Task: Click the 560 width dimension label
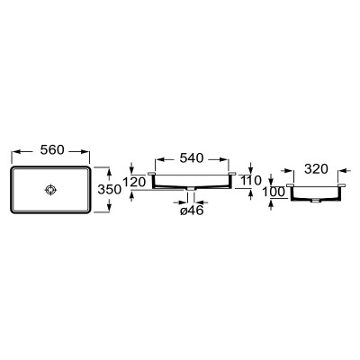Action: click(52, 149)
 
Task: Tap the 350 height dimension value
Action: click(110, 189)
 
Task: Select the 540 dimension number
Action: click(192, 157)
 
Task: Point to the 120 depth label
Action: click(134, 182)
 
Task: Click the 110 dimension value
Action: click(250, 180)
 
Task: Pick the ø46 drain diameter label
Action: click(192, 211)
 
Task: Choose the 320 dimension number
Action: click(316, 169)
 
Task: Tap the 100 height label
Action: click(274, 192)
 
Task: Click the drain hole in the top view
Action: click(50, 190)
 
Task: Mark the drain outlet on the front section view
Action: click(191, 189)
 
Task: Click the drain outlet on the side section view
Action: click(315, 200)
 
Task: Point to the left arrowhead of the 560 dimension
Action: click(15, 152)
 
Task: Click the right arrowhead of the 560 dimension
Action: click(85, 152)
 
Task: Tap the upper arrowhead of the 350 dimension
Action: click(109, 172)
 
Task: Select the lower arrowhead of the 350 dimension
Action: click(109, 208)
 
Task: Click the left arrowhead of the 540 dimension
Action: click(159, 159)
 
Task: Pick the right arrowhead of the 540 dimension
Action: click(224, 159)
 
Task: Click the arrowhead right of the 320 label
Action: click(343, 170)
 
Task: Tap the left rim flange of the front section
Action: click(151, 174)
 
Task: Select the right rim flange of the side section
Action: click(341, 185)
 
